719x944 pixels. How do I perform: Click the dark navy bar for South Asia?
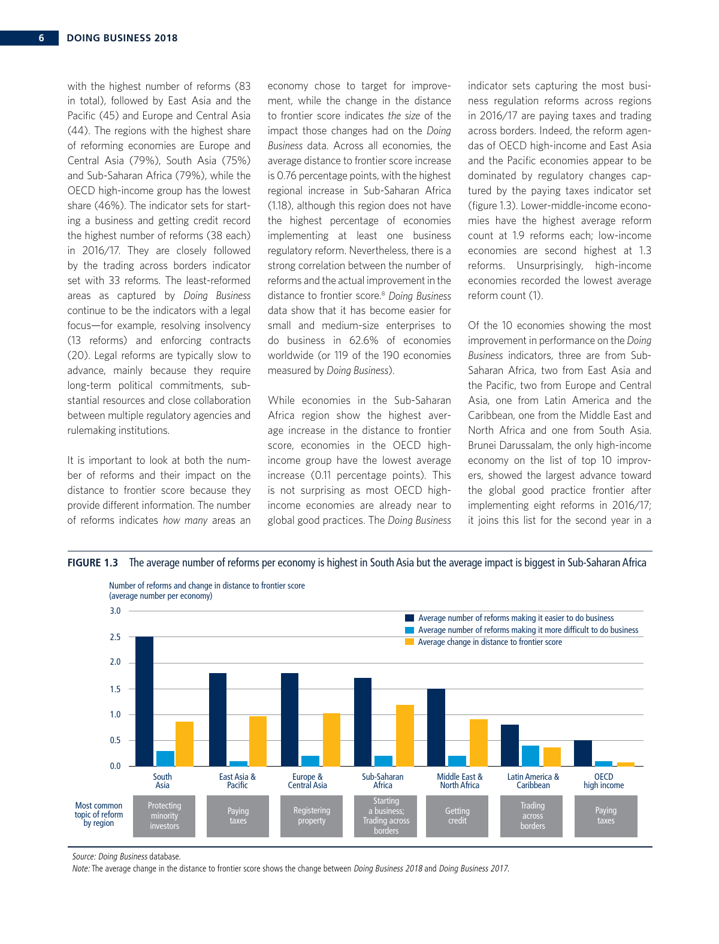[144, 701]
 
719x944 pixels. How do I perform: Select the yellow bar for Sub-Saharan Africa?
[405, 735]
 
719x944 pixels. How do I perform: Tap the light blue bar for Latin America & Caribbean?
[530, 756]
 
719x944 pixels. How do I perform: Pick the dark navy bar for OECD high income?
[583, 753]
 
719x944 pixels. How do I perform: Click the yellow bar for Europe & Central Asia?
[331, 740]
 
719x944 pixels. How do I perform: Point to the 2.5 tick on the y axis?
[115, 637]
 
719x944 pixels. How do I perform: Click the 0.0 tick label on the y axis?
[115, 766]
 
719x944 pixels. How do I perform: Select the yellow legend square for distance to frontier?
[410, 642]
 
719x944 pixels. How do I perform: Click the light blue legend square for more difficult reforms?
[410, 630]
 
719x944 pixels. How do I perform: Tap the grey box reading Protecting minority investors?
[164, 816]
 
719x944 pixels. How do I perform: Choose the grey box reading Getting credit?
[457, 816]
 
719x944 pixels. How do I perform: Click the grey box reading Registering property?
[312, 816]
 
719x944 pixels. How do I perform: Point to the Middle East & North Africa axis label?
[460, 781]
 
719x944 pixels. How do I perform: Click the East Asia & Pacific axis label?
[237, 781]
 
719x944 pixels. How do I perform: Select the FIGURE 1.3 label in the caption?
[93, 563]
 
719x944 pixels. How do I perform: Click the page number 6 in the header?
[41, 38]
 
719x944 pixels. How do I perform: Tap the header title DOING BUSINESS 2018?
[122, 38]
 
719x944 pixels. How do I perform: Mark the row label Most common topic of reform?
[99, 815]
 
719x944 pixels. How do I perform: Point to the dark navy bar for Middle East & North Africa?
[436, 728]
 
